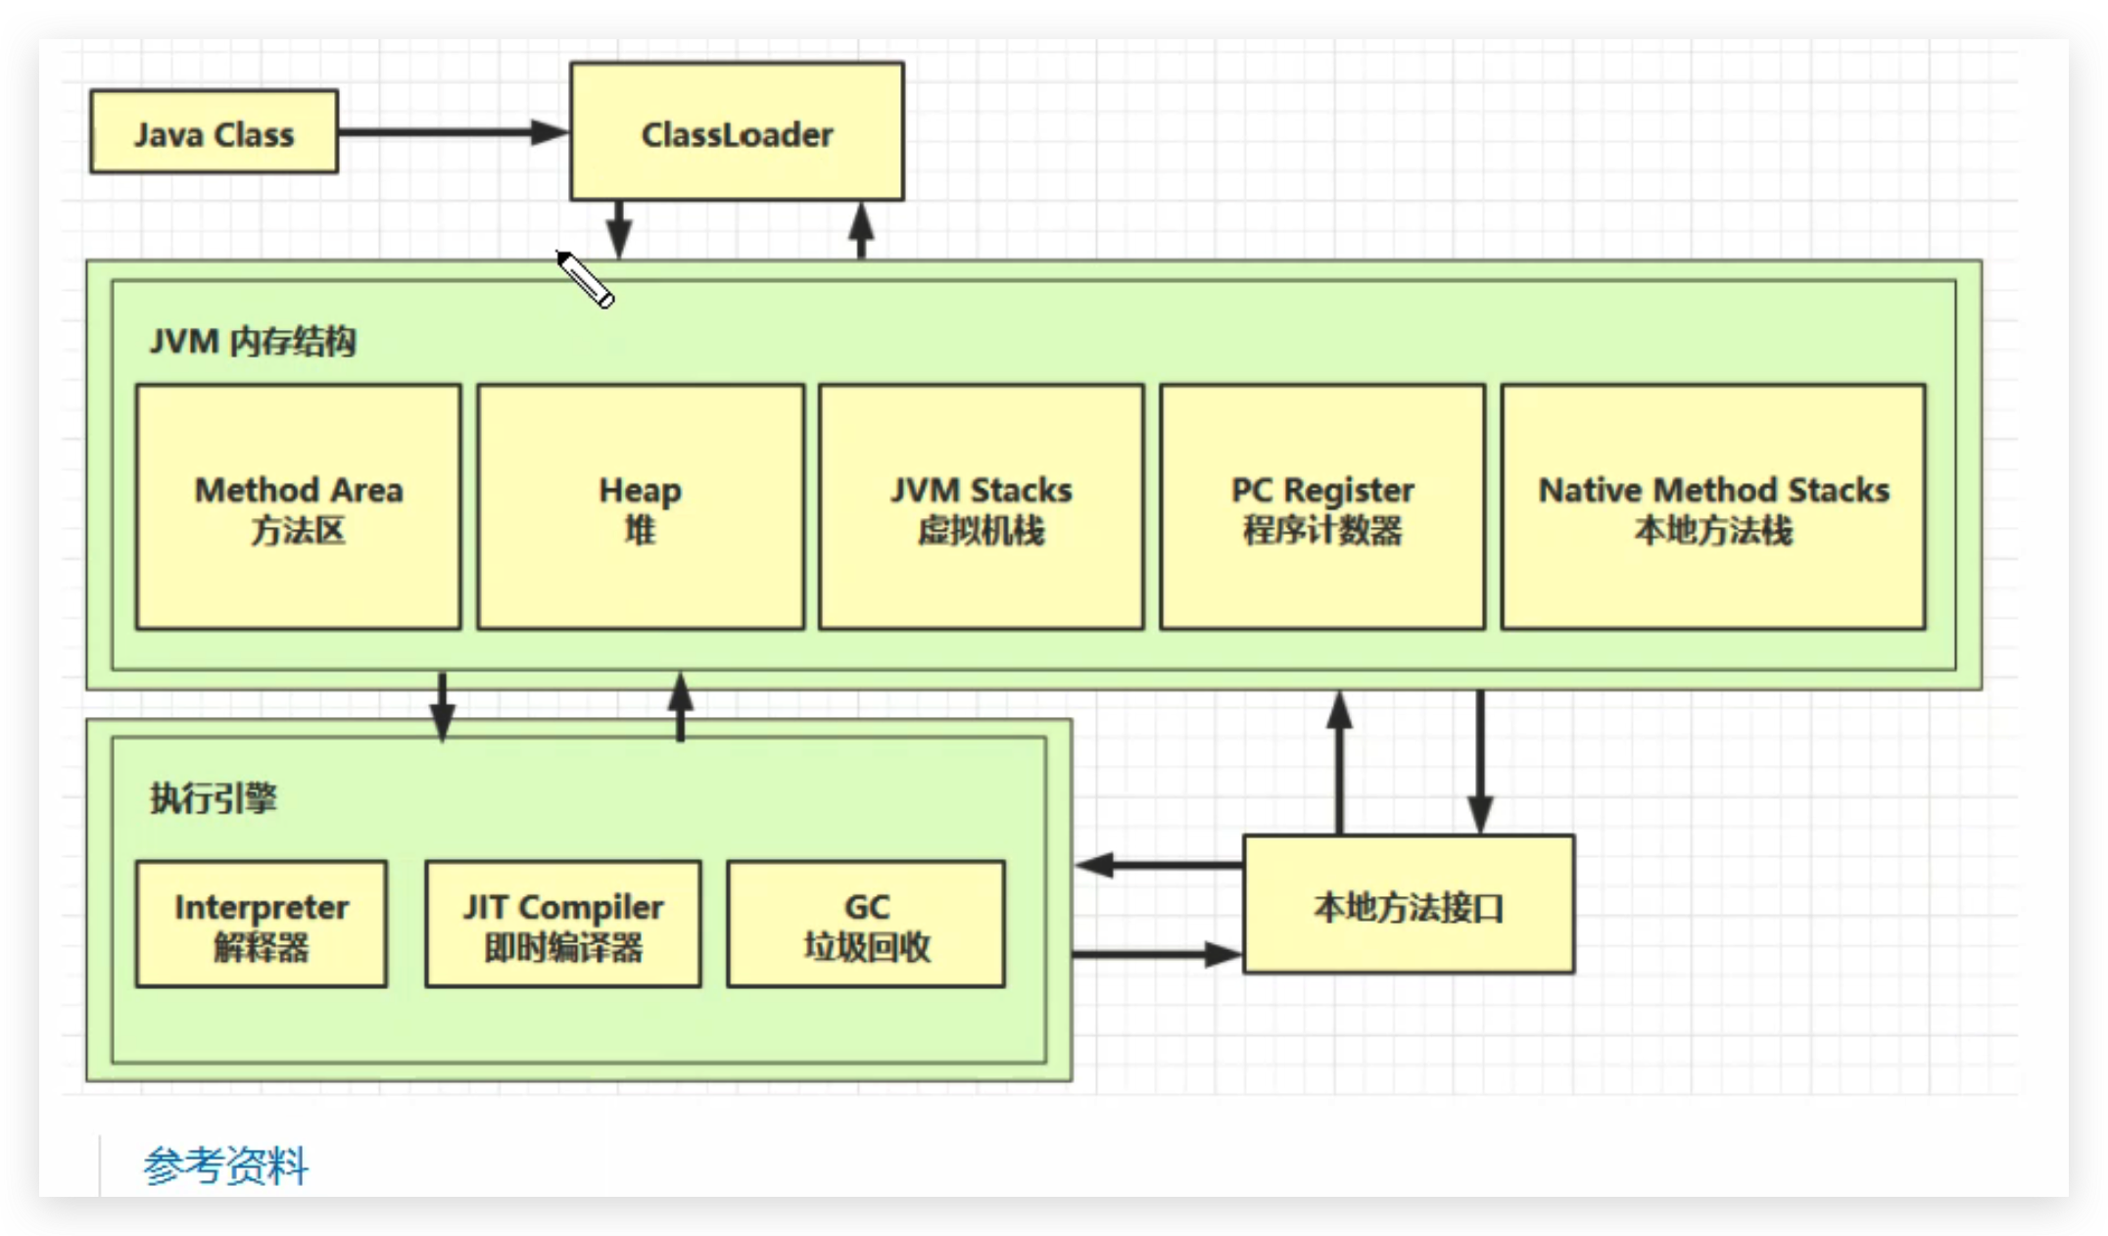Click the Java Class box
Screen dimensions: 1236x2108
pyautogui.click(x=214, y=132)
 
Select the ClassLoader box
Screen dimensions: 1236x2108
pyautogui.click(x=737, y=132)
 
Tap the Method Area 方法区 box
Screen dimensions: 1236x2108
pyautogui.click(x=298, y=506)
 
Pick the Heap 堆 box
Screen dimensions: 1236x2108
pyautogui.click(x=640, y=506)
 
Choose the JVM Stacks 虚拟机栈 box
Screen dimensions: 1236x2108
pyautogui.click(x=981, y=506)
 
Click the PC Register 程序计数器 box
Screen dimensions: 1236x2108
pyautogui.click(x=1322, y=506)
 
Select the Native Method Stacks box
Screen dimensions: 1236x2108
pyautogui.click(x=1712, y=506)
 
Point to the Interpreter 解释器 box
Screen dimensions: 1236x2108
pyautogui.click(x=261, y=924)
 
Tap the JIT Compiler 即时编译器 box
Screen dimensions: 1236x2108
pyautogui.click(x=563, y=924)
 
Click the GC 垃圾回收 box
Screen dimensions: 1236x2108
pyautogui.click(x=866, y=924)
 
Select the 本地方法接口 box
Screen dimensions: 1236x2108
pyautogui.click(x=1409, y=905)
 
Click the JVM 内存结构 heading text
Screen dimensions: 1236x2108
pyautogui.click(x=253, y=342)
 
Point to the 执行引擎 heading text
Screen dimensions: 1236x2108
pyautogui.click(x=213, y=798)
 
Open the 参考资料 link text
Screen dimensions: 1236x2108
pyautogui.click(x=226, y=1165)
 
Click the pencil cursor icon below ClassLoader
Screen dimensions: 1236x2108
pyautogui.click(x=586, y=280)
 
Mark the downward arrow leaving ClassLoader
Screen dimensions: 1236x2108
pyautogui.click(x=618, y=230)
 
